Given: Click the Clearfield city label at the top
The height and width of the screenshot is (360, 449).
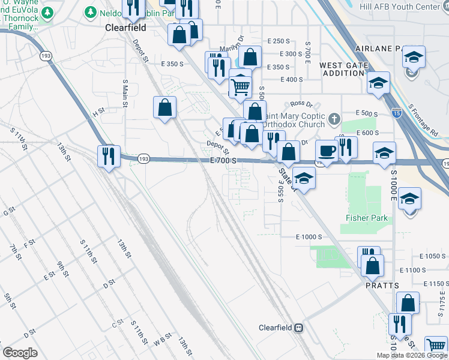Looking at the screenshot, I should click(x=126, y=28).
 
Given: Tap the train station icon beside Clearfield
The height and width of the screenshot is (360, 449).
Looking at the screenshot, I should click(x=298, y=328).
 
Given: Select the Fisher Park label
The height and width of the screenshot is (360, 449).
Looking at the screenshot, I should click(x=367, y=218).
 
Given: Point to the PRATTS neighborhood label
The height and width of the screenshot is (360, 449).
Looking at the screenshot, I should click(x=382, y=286).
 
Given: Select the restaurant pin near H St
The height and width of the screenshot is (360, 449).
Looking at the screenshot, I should click(x=109, y=156).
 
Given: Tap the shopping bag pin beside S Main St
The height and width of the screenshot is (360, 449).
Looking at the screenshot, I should click(x=164, y=108).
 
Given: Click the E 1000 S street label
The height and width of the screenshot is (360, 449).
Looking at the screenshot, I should click(x=309, y=237).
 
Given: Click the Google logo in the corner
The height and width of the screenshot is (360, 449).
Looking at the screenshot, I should click(x=20, y=353).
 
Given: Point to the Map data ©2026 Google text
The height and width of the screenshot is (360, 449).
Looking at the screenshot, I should click(x=412, y=355).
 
